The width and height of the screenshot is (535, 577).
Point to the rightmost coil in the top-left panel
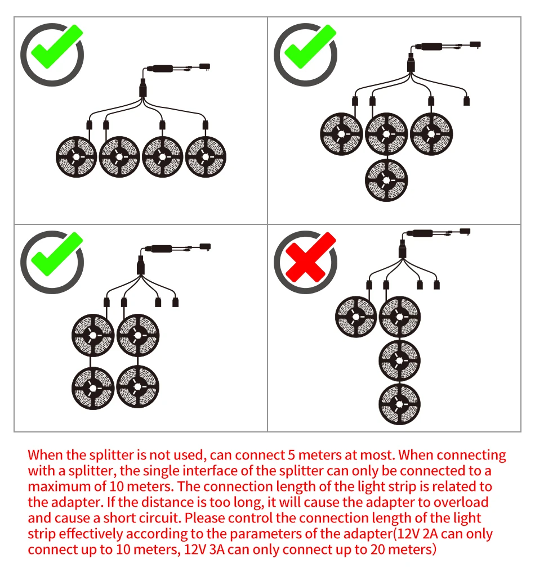(206, 156)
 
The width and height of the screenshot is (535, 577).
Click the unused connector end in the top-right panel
(466, 102)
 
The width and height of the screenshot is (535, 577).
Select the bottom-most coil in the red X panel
(400, 404)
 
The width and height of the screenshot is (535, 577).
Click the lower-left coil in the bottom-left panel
(93, 388)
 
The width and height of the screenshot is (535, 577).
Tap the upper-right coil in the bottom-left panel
(137, 336)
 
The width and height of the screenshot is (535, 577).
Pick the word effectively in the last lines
(92, 533)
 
